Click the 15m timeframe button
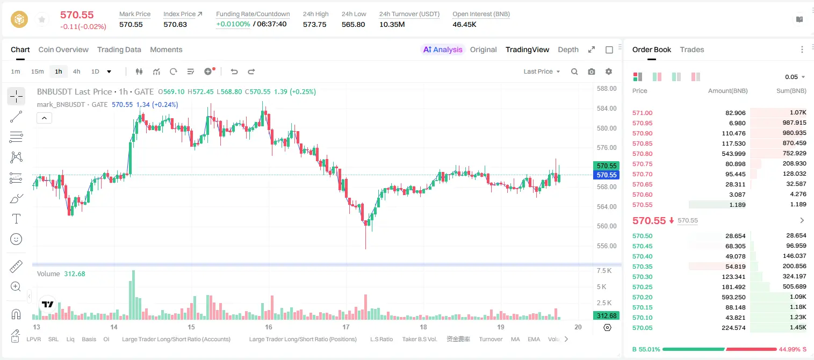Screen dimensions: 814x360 click(x=38, y=71)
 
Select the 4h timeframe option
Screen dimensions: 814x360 click(x=76, y=71)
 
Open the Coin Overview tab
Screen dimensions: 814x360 click(x=63, y=50)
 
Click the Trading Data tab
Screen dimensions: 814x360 click(x=119, y=50)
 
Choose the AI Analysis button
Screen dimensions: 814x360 click(x=443, y=50)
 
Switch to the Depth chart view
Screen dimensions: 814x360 click(x=568, y=50)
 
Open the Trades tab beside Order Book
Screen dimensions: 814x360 click(x=692, y=50)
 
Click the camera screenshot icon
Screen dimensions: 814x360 click(x=592, y=71)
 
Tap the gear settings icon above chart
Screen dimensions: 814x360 click(x=609, y=71)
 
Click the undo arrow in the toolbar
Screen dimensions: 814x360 click(x=234, y=71)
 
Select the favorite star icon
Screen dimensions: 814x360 click(x=42, y=20)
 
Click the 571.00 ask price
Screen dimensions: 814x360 click(x=643, y=113)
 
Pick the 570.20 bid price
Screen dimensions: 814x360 click(x=643, y=297)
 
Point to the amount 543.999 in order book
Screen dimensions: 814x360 click(x=733, y=154)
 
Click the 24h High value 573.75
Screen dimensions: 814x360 click(x=315, y=24)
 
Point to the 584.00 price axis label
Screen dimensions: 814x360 click(x=607, y=108)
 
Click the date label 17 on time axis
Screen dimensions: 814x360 click(x=345, y=327)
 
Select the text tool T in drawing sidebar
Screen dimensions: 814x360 click(x=16, y=219)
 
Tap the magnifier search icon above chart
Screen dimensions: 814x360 click(x=574, y=71)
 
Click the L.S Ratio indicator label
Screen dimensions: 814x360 click(x=381, y=339)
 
